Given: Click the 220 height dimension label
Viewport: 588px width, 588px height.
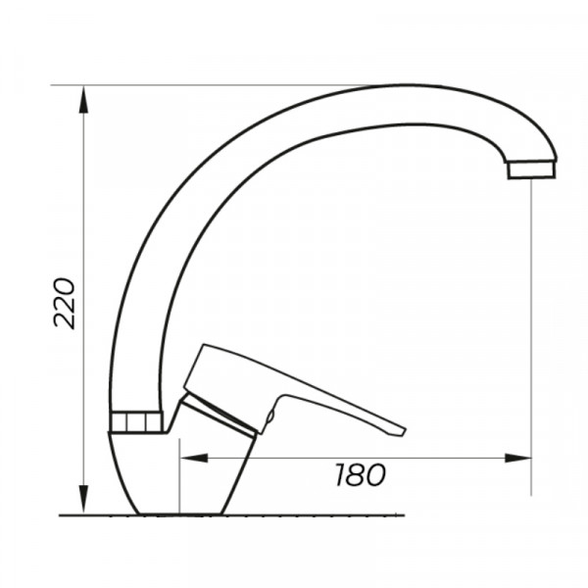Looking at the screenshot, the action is click(x=65, y=304).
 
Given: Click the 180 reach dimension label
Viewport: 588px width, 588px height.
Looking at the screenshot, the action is click(x=360, y=474).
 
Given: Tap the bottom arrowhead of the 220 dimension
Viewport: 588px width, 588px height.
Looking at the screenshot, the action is click(x=83, y=499).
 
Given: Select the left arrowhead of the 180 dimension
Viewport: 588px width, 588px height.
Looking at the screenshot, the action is click(x=194, y=458).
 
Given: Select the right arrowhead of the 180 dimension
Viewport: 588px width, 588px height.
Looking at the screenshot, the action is click(x=517, y=458).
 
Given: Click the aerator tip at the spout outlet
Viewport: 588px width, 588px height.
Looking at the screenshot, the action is click(x=532, y=170).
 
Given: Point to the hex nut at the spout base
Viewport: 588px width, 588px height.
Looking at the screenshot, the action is click(x=137, y=421).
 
